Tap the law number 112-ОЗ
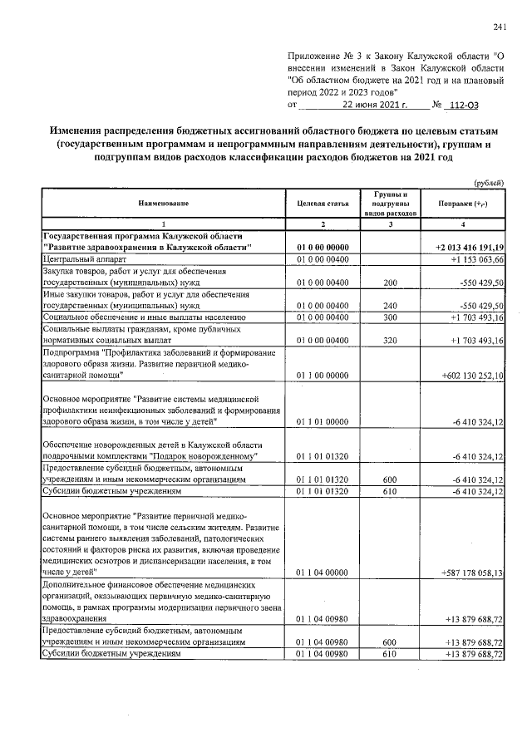pyautogui.click(x=462, y=106)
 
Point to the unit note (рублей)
pyautogui.click(x=490, y=183)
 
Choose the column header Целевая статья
pyautogui.click(x=322, y=204)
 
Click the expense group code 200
pyautogui.click(x=389, y=283)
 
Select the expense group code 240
pyautogui.click(x=389, y=307)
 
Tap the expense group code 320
pyautogui.click(x=389, y=341)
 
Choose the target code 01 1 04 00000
pyautogui.click(x=322, y=573)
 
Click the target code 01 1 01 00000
pyautogui.click(x=322, y=422)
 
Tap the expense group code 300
pyautogui.click(x=389, y=318)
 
